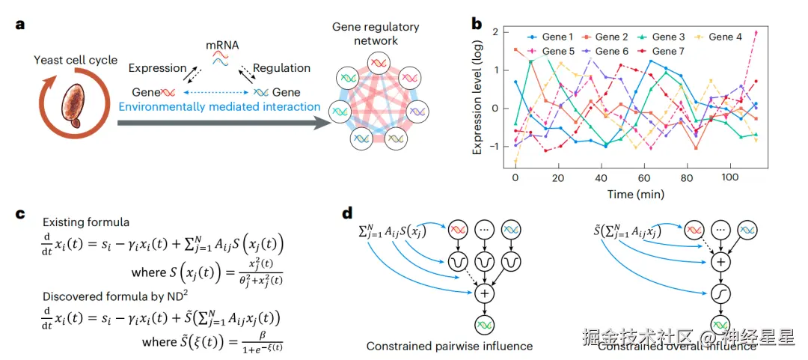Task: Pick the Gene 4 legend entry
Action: [720, 37]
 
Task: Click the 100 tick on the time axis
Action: [720, 180]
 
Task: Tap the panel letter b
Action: [476, 23]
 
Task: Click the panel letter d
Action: [347, 213]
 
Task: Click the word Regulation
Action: [281, 68]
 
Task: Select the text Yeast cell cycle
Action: [76, 60]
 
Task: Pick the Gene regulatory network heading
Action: [376, 34]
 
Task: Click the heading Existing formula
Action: [86, 222]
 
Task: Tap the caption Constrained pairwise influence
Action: [449, 346]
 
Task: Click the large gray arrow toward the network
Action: [224, 121]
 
